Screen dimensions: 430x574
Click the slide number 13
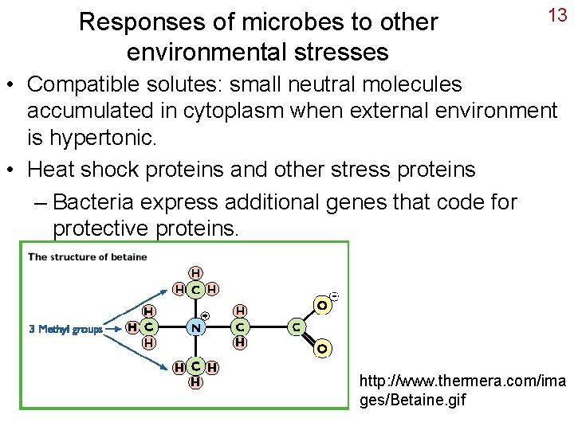(556, 16)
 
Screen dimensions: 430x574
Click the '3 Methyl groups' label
(65, 328)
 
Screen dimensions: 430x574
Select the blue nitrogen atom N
(195, 327)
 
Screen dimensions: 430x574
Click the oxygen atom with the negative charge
(322, 305)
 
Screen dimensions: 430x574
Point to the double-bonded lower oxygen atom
(322, 348)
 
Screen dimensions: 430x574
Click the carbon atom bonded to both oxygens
(296, 326)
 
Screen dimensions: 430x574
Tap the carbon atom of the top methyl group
(195, 289)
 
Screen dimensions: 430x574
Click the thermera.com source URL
(463, 390)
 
